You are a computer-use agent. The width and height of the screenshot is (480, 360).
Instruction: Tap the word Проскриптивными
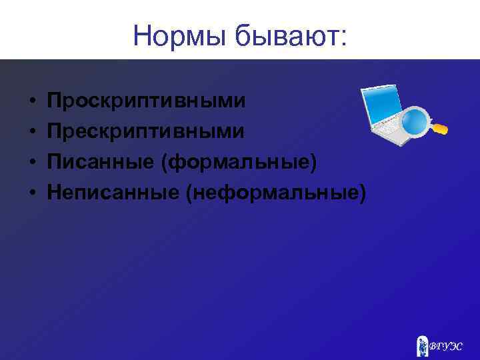tap(146, 101)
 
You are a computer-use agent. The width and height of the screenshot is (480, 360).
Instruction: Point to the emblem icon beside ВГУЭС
tap(422, 345)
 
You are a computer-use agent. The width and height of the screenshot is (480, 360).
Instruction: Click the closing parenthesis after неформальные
tap(362, 193)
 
